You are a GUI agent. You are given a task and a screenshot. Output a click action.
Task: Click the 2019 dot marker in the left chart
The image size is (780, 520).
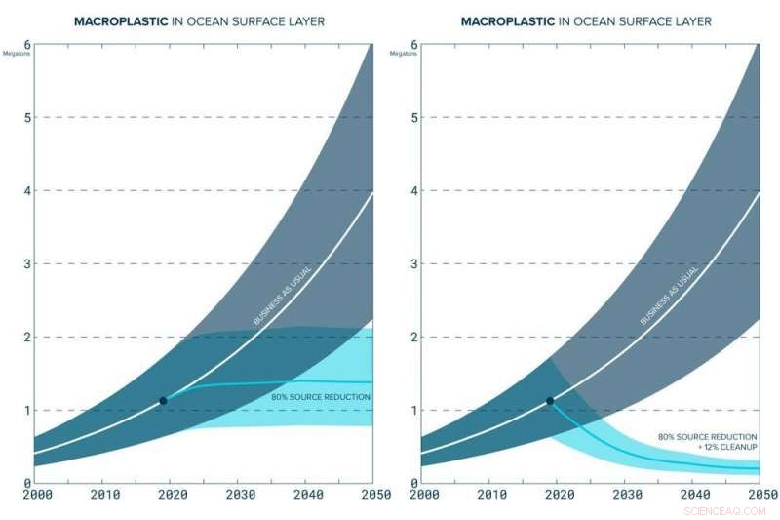163,400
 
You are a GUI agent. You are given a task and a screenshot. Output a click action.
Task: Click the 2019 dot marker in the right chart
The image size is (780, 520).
550,400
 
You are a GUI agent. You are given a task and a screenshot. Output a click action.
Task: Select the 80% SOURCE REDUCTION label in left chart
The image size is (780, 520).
320,397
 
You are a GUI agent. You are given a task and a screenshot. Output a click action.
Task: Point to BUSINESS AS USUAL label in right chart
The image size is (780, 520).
669,294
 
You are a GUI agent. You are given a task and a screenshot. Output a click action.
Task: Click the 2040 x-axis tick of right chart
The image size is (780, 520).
693,495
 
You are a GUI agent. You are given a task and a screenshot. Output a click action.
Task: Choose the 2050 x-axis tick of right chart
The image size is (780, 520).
760,495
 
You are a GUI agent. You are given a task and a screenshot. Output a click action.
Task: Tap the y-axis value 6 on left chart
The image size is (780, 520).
27,45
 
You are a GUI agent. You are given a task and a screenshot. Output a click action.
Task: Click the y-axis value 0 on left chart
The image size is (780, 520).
27,482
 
